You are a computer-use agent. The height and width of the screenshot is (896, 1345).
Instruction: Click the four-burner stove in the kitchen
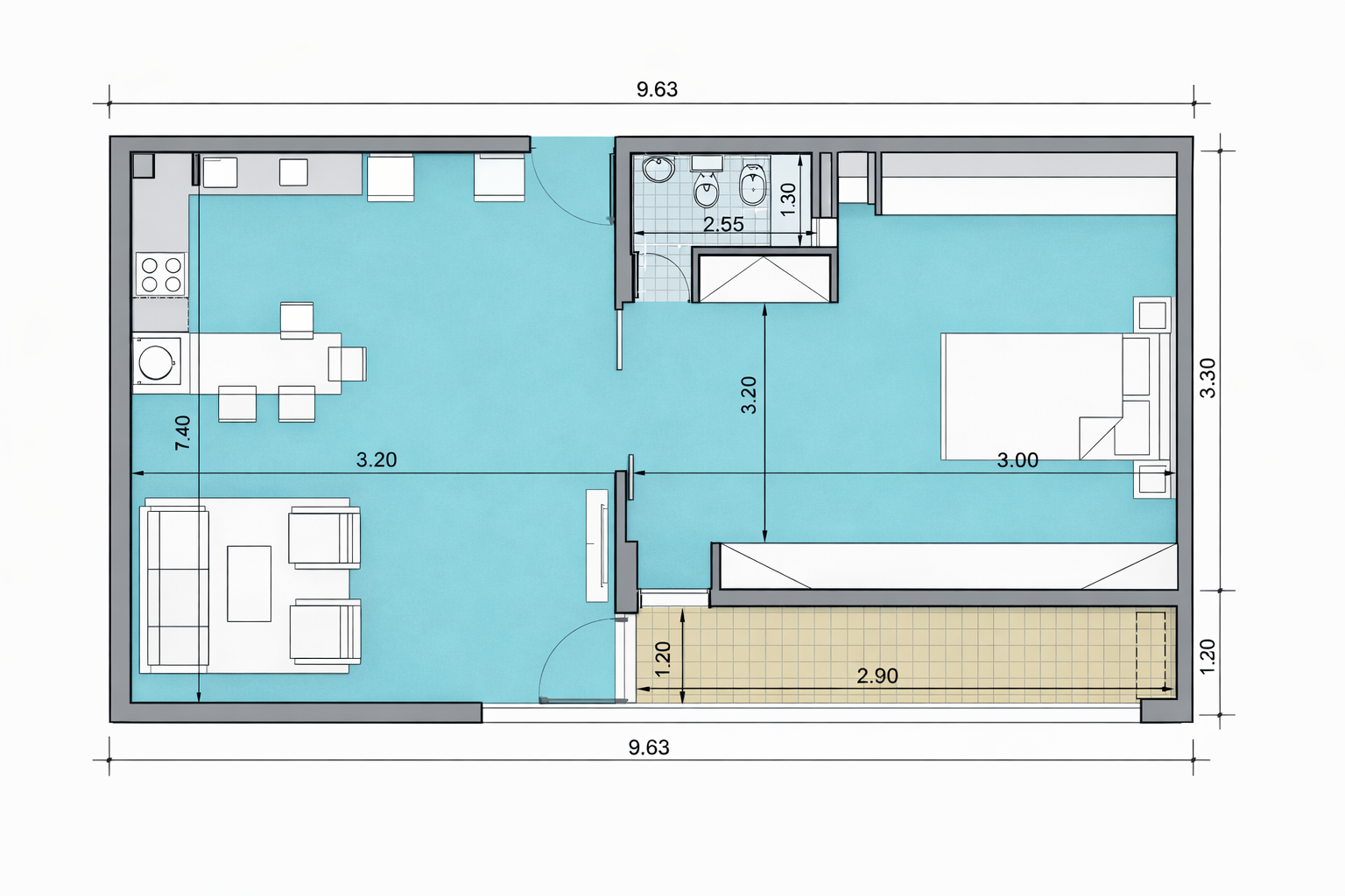[161, 274]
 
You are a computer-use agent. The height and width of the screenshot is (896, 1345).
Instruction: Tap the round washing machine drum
[157, 362]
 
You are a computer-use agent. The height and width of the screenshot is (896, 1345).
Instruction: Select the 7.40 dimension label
[182, 433]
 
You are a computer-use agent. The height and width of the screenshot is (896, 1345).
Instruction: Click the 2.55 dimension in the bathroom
[723, 224]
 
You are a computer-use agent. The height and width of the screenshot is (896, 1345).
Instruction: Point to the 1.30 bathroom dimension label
[787, 199]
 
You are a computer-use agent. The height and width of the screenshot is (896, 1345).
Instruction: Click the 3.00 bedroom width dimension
[1018, 460]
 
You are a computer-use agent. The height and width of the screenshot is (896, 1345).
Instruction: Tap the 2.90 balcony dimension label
[877, 675]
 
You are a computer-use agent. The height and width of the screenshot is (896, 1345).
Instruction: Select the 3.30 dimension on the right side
[1208, 377]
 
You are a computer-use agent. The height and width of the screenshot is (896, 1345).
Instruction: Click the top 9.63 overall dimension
[657, 89]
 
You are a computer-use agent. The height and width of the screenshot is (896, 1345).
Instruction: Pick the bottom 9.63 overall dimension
[649, 747]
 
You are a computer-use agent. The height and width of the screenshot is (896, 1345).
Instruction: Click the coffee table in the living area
[250, 584]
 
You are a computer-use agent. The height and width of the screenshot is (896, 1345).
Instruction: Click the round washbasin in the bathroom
[658, 169]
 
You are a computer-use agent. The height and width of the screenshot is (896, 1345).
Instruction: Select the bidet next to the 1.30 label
[751, 185]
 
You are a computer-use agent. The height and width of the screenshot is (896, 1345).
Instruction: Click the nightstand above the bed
[1151, 314]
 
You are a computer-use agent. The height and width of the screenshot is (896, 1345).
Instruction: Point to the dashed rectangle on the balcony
[1151, 654]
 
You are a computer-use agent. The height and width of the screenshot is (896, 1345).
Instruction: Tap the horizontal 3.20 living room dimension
[377, 459]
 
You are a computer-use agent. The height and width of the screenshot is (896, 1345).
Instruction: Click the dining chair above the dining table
[297, 320]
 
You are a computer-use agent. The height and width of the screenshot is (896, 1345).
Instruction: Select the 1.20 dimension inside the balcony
[663, 658]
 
